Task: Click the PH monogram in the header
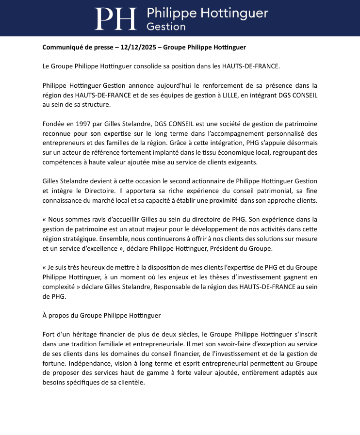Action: coord(115,18)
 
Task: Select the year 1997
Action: coord(85,124)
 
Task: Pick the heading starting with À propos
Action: coord(101,315)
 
